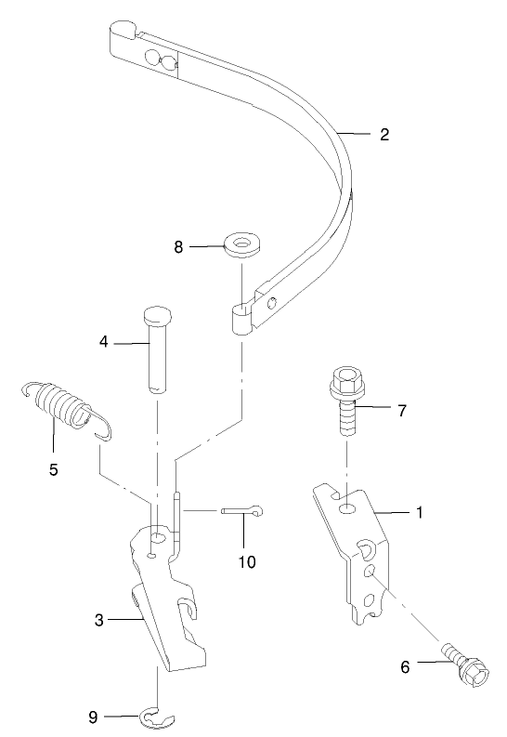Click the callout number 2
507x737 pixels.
click(x=383, y=134)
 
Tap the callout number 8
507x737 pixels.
click(x=179, y=247)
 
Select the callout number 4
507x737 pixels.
click(x=105, y=343)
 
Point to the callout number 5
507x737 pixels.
click(x=54, y=470)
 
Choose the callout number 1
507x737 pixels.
click(x=419, y=511)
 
